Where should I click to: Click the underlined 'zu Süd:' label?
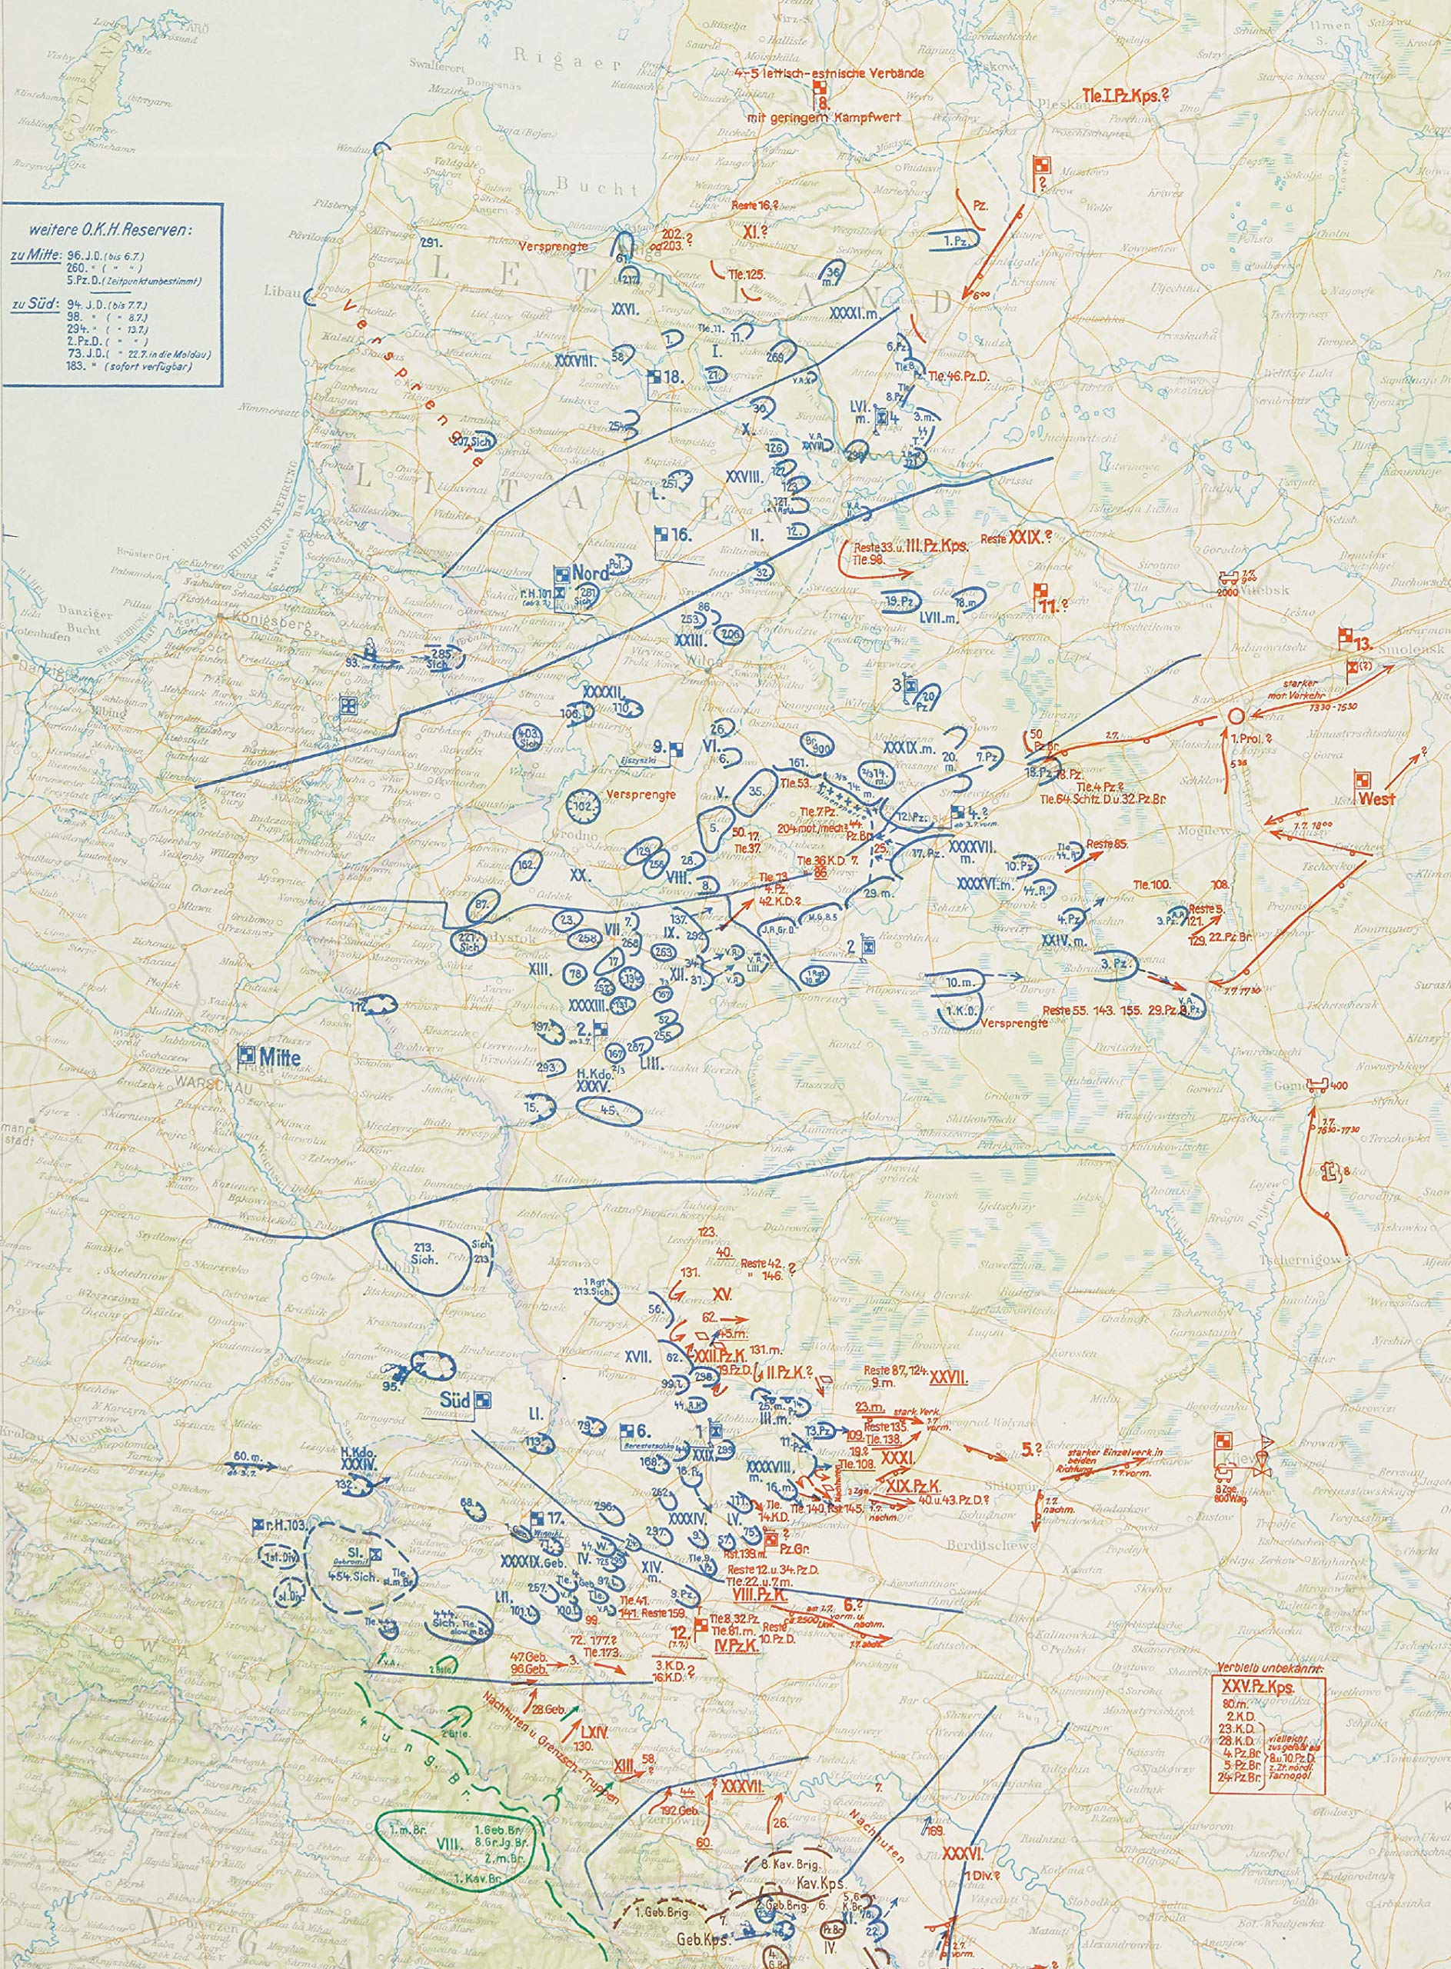click(x=30, y=303)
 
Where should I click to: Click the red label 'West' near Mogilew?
click(x=1376, y=800)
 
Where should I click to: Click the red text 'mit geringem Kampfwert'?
click(x=823, y=117)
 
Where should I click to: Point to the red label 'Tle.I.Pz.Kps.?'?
click(x=1125, y=96)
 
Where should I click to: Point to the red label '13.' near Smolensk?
click(x=1363, y=644)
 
